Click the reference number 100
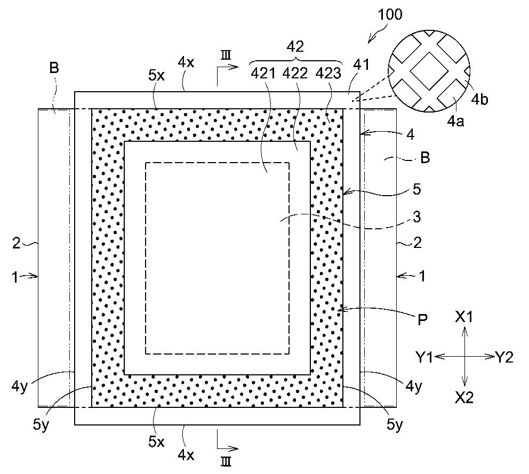point(390,14)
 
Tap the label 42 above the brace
point(295,46)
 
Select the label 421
point(263,73)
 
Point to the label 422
point(295,73)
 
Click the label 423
point(328,73)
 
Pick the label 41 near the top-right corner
point(362,65)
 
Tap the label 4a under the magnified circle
point(455,121)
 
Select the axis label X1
point(464,317)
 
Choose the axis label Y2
point(504,357)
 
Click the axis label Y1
point(424,357)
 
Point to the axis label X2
point(464,398)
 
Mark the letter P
point(422,319)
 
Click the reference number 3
point(417,217)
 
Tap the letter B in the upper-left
point(54,68)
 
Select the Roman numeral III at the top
point(226,55)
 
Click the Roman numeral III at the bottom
point(226,462)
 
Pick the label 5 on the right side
point(417,189)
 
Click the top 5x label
point(157,76)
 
